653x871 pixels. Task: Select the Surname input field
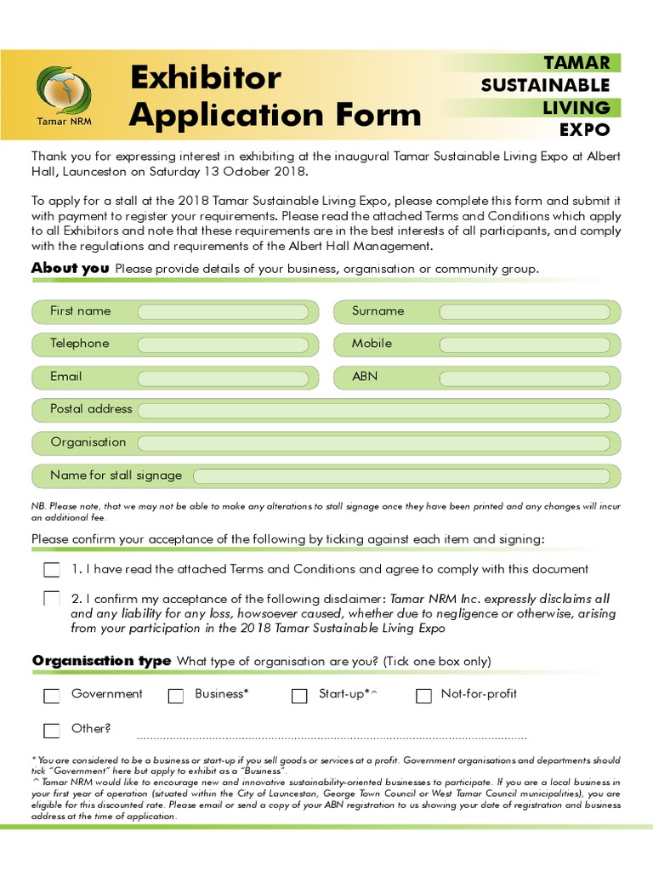[525, 312]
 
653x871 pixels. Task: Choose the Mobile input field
[525, 344]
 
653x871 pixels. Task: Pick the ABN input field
[525, 377]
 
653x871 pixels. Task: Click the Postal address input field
[373, 410]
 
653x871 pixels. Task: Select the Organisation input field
[373, 443]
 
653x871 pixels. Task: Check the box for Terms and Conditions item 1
[52, 569]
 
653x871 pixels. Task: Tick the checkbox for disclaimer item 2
[52, 599]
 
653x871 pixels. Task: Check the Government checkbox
[52, 696]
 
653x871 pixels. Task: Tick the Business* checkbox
[176, 696]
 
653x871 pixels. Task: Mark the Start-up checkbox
[299, 696]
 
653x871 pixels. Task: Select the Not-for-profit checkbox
[423, 696]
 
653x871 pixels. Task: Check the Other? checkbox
[52, 730]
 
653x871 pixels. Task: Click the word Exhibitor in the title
[205, 78]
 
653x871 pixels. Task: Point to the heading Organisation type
[101, 661]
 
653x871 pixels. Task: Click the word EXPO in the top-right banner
[585, 130]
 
